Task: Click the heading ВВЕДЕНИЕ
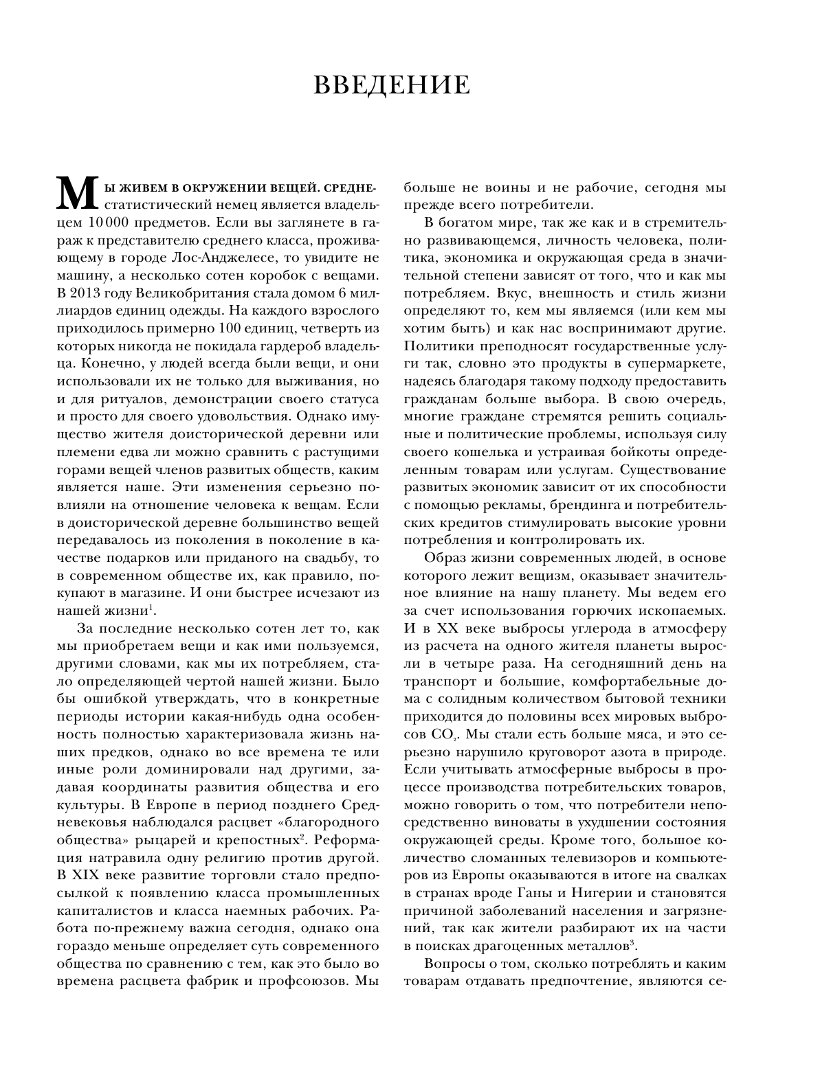pyautogui.click(x=392, y=86)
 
